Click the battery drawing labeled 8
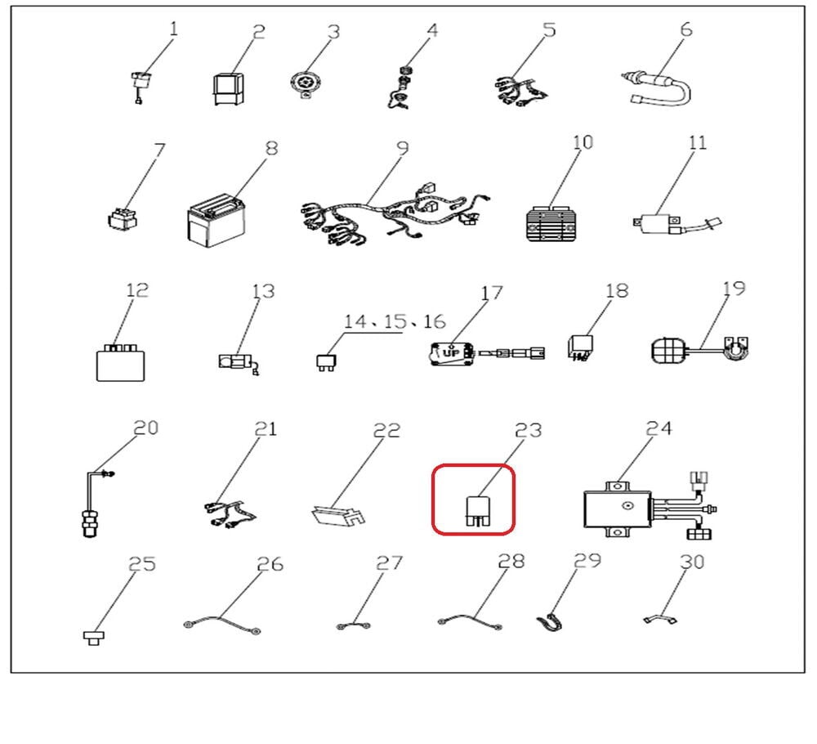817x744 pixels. pyautogui.click(x=216, y=221)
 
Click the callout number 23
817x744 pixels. pyautogui.click(x=528, y=431)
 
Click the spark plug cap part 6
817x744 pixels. pyautogui.click(x=657, y=88)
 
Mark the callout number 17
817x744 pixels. pyautogui.click(x=491, y=294)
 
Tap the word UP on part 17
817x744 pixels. pyautogui.click(x=451, y=353)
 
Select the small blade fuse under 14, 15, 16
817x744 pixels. pyautogui.click(x=326, y=362)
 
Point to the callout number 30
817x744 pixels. pyautogui.click(x=693, y=562)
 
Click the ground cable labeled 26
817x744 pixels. pyautogui.click(x=222, y=624)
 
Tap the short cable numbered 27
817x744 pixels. pyautogui.click(x=354, y=625)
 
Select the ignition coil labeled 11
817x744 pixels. pyautogui.click(x=676, y=224)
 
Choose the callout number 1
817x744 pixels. pyautogui.click(x=173, y=29)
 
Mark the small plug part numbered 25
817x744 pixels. pyautogui.click(x=94, y=638)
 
